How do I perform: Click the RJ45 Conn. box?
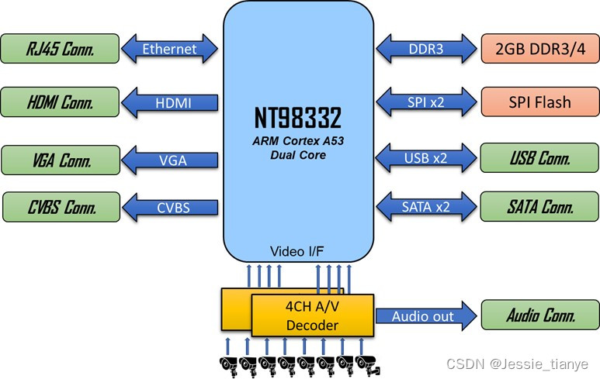tap(59, 50)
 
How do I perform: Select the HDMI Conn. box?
tap(59, 102)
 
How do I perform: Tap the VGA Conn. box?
tap(59, 160)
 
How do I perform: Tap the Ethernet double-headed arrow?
tap(169, 50)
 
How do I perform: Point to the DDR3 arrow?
tap(425, 50)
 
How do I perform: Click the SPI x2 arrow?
tap(425, 102)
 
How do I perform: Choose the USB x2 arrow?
tap(425, 159)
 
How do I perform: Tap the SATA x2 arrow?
tap(425, 207)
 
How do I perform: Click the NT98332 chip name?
tap(297, 119)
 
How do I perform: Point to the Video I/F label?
tap(297, 251)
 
